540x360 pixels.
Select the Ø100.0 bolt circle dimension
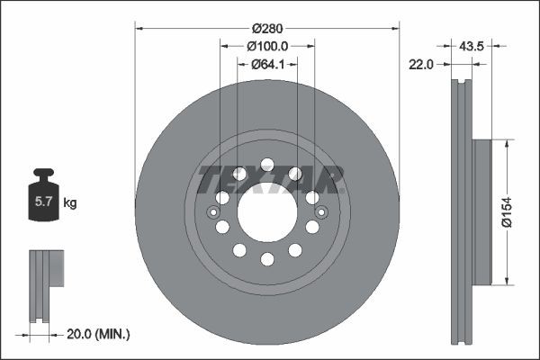[267, 45]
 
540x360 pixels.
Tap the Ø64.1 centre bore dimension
[267, 63]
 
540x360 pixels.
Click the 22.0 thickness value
[422, 64]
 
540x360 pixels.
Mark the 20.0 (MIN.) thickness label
[99, 334]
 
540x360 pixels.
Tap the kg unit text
[70, 203]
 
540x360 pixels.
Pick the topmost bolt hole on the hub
[267, 165]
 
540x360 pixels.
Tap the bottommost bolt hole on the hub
[267, 259]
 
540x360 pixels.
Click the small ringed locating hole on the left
[213, 212]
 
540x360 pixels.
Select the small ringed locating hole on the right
[321, 212]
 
